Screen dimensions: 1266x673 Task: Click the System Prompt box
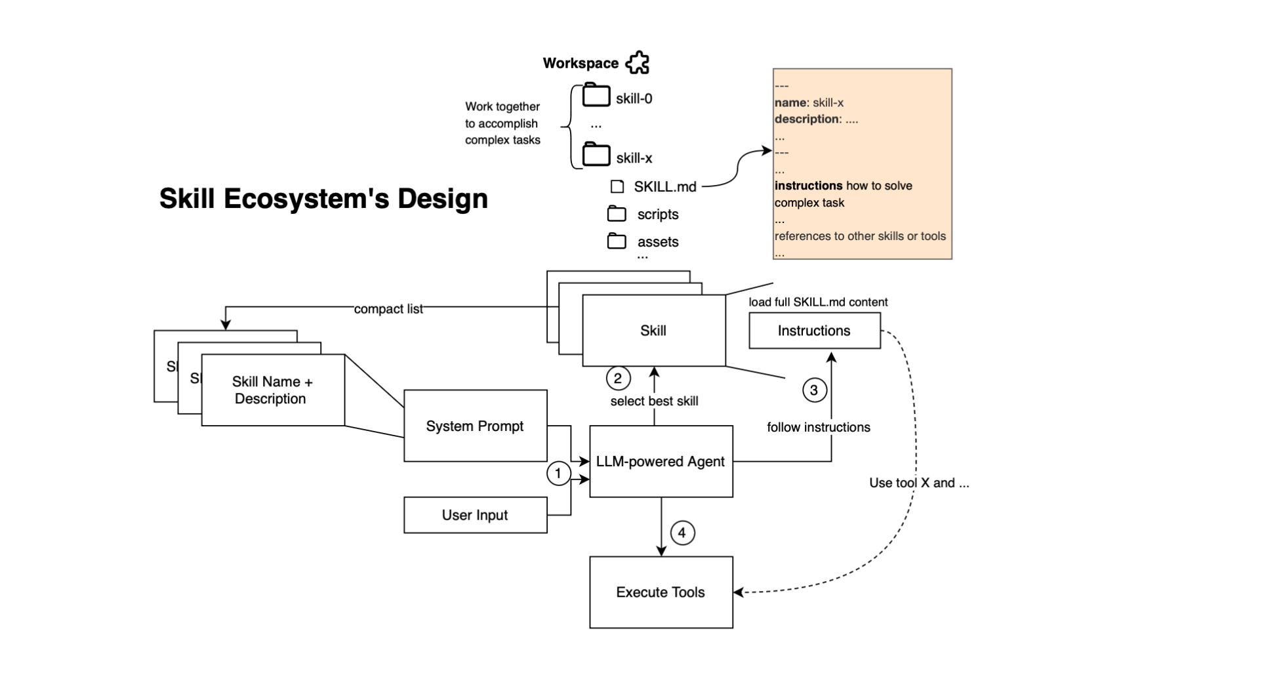[475, 426]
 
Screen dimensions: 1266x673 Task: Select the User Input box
[475, 515]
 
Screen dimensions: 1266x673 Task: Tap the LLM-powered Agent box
[661, 461]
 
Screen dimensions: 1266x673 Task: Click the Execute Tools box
[661, 592]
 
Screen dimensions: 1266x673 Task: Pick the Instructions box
[814, 331]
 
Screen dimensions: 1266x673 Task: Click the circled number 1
[558, 473]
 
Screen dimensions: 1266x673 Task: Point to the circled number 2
[617, 378]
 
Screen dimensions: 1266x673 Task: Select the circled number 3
[814, 390]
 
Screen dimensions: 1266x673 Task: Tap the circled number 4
[682, 533]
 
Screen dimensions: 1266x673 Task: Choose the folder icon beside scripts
[617, 213]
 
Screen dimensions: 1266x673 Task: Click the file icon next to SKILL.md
[617, 186]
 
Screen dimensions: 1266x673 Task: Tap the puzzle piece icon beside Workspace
[637, 63]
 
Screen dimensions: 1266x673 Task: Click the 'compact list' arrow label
[388, 309]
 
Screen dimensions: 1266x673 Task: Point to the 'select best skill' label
[654, 401]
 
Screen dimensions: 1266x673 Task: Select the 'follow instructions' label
[819, 427]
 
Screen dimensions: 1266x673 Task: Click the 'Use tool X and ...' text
[919, 483]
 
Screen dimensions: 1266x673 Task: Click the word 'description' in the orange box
[807, 119]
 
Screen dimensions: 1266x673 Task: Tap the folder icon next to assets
[617, 241]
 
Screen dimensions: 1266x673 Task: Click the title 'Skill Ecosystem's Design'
[323, 198]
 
